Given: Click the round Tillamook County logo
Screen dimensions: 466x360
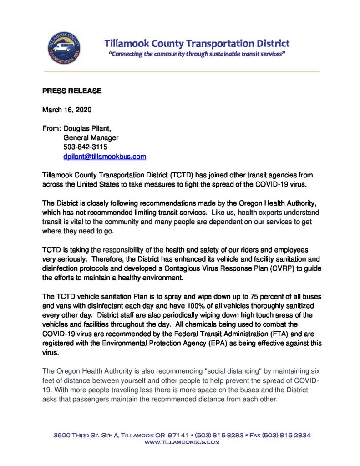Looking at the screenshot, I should pyautogui.click(x=64, y=49).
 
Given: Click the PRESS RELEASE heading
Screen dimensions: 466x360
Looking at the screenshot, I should pyautogui.click(x=72, y=91).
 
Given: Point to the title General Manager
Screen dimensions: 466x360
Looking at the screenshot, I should pyautogui.click(x=91, y=138).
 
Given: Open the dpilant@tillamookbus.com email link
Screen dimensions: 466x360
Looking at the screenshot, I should pyautogui.click(x=105, y=157).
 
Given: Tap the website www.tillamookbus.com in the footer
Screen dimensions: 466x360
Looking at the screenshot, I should pyautogui.click(x=182, y=442).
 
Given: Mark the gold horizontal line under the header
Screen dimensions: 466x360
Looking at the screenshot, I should pyautogui.click(x=182, y=71).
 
